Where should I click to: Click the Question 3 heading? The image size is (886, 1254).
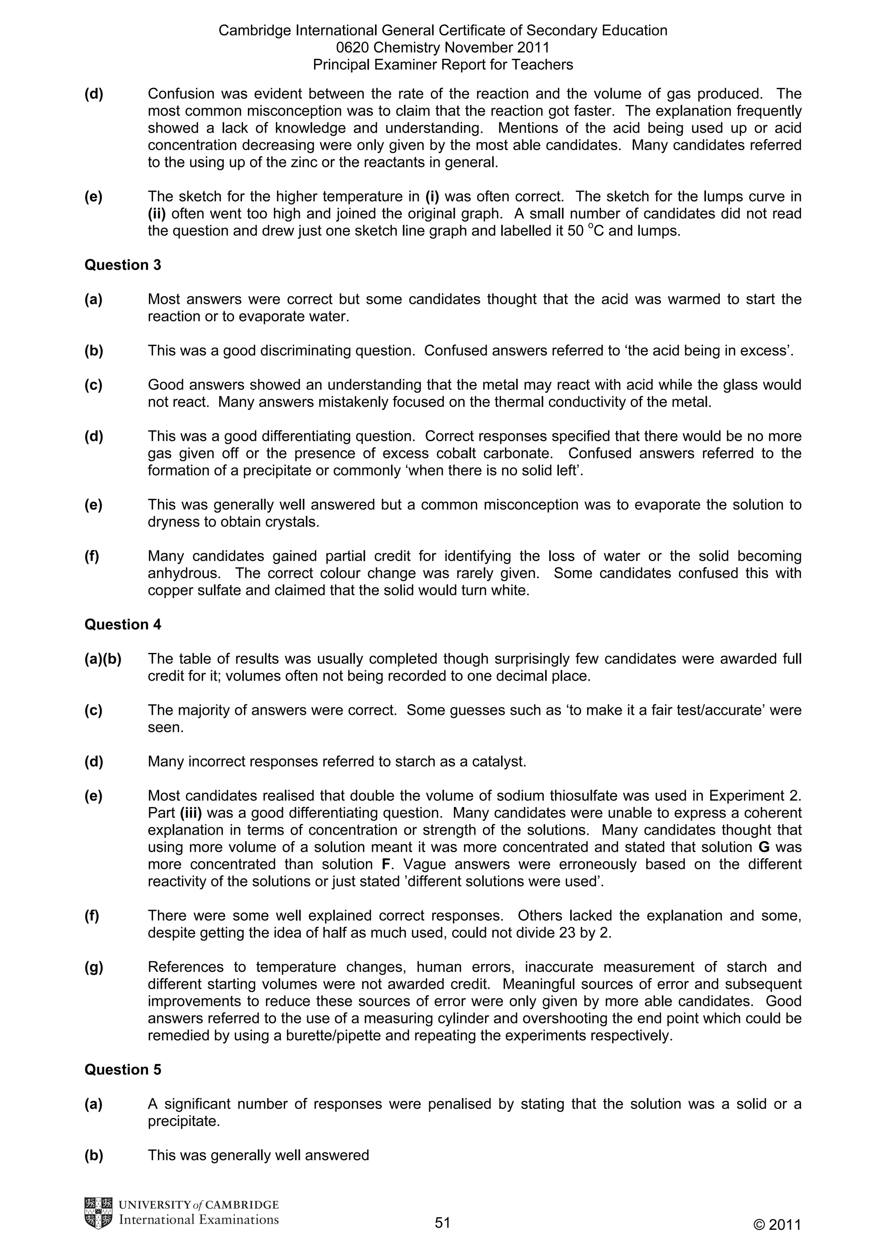(x=123, y=265)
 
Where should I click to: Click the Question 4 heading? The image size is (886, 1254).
(x=123, y=624)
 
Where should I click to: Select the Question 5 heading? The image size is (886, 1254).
(x=123, y=1069)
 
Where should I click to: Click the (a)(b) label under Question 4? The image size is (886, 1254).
(x=103, y=659)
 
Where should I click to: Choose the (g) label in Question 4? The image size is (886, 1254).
(x=94, y=967)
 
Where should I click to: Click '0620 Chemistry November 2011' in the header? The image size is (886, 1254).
(x=443, y=48)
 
